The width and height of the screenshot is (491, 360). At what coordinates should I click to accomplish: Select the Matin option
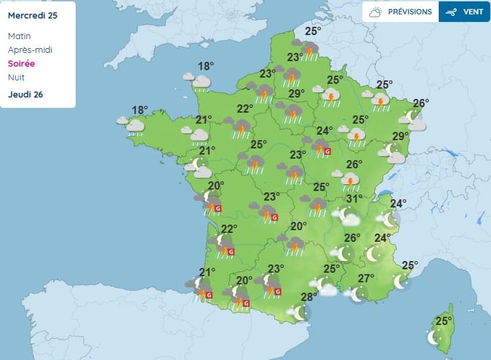[20, 36]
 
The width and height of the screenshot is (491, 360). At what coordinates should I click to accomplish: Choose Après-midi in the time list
[30, 49]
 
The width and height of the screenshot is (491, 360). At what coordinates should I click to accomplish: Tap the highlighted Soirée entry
[21, 63]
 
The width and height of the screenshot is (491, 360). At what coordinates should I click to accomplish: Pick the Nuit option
[17, 77]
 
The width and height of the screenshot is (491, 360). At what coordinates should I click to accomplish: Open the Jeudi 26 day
[25, 94]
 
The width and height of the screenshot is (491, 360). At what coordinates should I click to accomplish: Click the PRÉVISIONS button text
[410, 12]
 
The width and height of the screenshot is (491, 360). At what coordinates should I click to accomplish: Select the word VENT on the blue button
[473, 12]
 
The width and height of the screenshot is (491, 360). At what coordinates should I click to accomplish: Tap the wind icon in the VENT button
[452, 12]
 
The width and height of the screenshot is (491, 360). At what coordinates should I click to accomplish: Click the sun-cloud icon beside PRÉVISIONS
[375, 12]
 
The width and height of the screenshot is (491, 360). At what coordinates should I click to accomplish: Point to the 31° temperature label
[354, 199]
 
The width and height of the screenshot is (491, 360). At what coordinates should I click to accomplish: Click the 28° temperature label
[309, 297]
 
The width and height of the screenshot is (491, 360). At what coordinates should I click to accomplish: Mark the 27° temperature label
[366, 278]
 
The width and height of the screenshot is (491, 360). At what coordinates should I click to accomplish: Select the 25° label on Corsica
[444, 321]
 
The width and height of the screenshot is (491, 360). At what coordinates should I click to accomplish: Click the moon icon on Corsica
[434, 337]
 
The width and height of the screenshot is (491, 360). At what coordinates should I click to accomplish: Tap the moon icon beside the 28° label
[299, 313]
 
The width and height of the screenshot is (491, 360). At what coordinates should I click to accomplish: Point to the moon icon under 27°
[358, 294]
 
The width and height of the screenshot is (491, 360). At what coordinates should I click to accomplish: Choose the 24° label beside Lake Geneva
[398, 203]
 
